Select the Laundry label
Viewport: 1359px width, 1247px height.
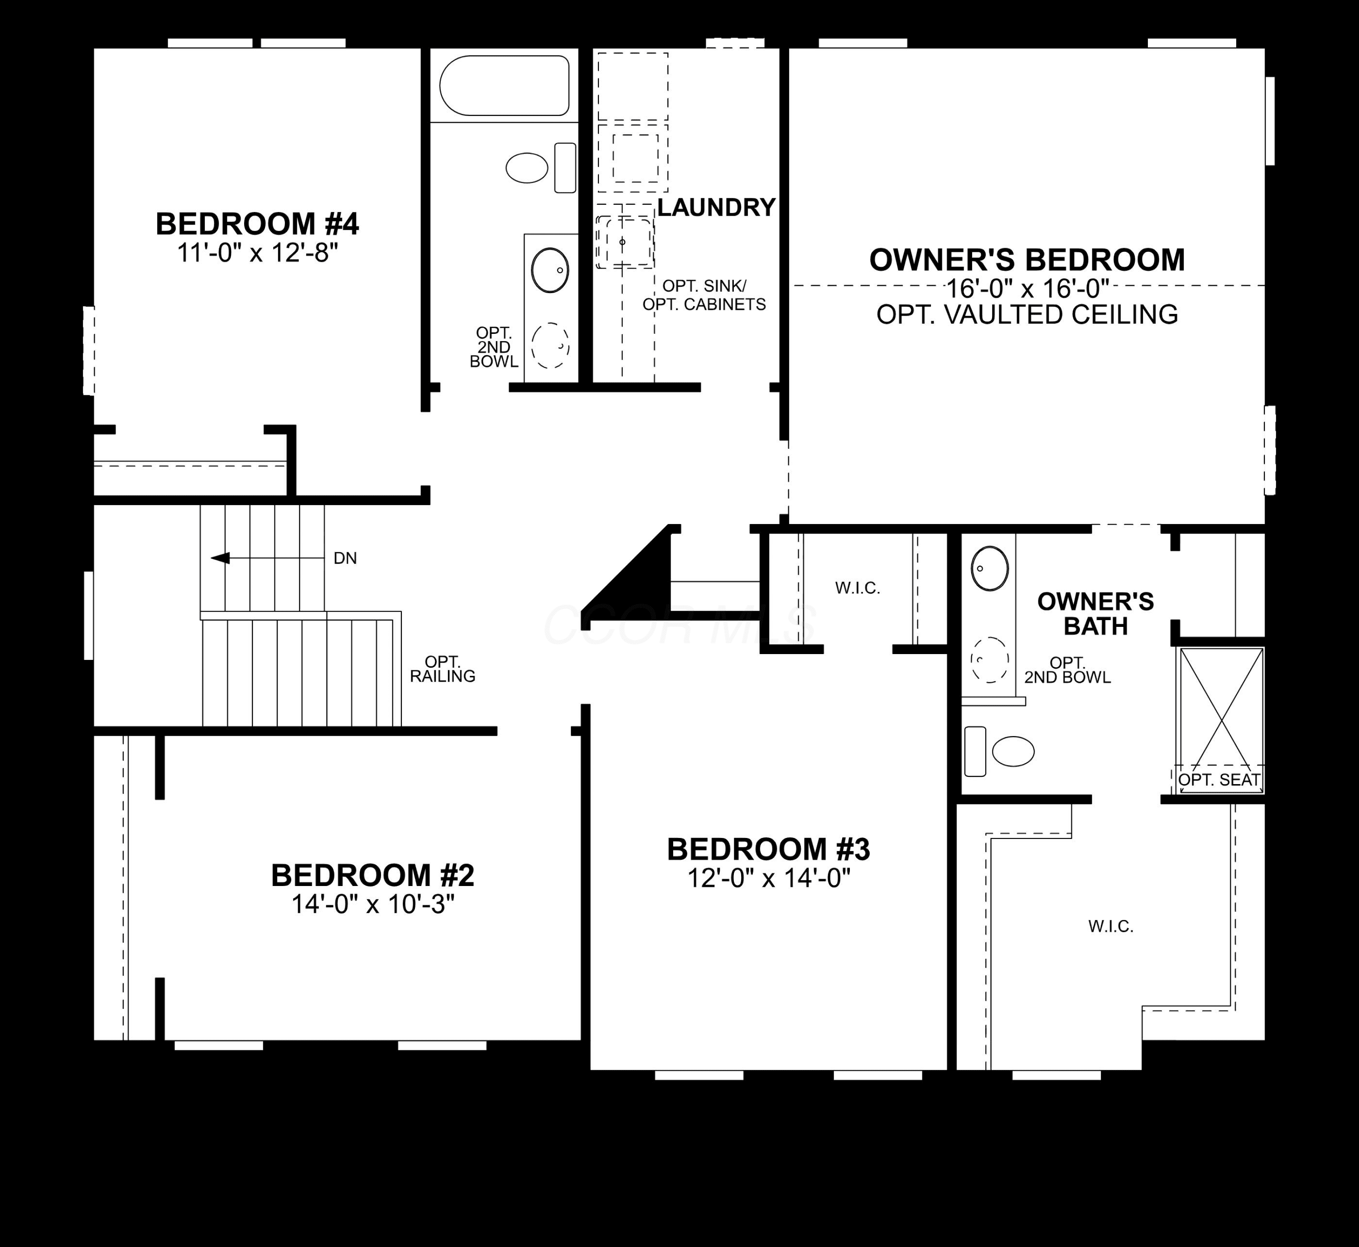click(717, 207)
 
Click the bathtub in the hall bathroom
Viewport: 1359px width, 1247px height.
click(505, 86)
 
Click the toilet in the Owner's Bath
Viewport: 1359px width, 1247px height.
click(999, 751)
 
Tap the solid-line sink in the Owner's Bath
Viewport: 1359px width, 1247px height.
click(990, 569)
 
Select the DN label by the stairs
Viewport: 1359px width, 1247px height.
click(346, 559)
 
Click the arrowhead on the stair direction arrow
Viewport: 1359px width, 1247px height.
click(220, 558)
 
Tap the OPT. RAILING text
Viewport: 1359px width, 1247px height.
click(443, 669)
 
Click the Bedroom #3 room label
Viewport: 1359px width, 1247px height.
click(769, 850)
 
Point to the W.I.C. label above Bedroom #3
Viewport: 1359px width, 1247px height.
click(858, 588)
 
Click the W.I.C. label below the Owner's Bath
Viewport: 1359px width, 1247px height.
click(1111, 926)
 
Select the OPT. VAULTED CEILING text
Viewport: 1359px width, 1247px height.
click(1027, 314)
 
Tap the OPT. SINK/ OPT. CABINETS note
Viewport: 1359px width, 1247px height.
click(704, 295)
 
